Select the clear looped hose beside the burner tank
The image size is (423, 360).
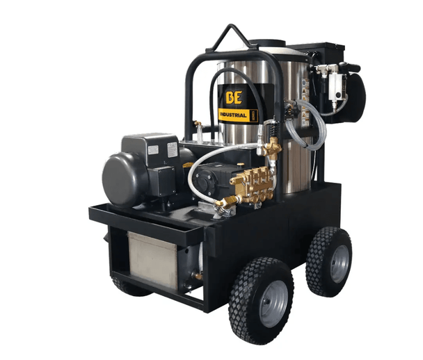(306, 125)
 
